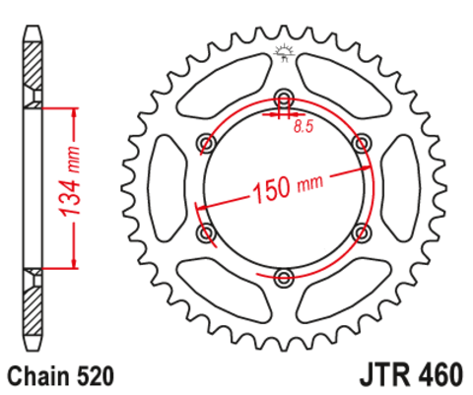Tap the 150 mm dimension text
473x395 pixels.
tap(289, 187)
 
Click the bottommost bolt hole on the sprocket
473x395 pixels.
tap(284, 277)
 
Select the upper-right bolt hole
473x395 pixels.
tap(362, 143)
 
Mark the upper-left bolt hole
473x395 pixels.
tap(207, 143)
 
